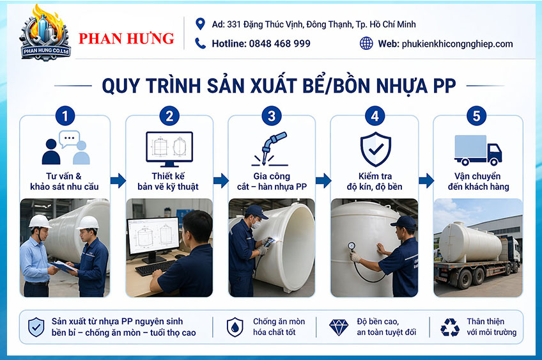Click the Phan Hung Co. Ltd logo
click(45, 33)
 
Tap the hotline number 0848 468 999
click(279, 43)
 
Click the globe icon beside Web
click(366, 43)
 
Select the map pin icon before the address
click(200, 24)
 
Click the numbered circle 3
click(272, 116)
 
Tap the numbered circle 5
click(476, 116)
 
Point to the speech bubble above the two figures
click(69, 139)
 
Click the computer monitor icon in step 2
click(169, 149)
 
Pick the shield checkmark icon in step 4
click(375, 149)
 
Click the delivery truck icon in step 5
click(477, 150)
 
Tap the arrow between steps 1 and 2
click(118, 180)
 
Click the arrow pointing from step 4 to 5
click(426, 180)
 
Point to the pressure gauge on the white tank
click(352, 246)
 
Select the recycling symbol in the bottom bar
click(450, 327)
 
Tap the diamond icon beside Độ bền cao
click(339, 327)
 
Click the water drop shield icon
click(235, 327)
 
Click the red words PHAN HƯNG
click(126, 38)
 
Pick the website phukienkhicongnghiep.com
click(458, 44)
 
